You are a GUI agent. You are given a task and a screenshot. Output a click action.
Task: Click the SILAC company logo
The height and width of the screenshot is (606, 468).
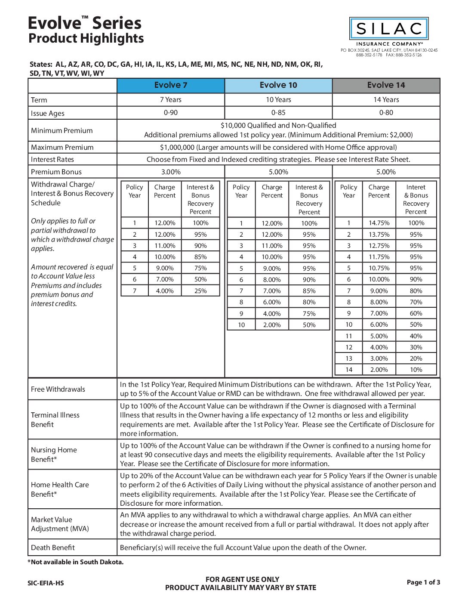point(389,29)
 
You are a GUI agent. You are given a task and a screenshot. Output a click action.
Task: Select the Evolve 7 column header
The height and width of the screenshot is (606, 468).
point(171,85)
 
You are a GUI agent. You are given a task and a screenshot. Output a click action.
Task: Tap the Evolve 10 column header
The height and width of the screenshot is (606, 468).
point(278,85)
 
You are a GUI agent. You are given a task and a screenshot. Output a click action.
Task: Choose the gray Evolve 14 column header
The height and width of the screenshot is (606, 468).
point(386,85)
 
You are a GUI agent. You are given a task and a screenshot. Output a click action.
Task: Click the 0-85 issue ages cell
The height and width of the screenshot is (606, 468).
point(278,113)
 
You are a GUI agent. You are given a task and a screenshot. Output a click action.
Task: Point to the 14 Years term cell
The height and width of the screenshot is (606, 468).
point(386,100)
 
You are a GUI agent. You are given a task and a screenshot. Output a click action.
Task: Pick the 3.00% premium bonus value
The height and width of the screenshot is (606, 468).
point(171,172)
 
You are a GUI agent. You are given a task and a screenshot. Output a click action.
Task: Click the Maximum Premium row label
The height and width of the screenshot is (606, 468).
point(62,147)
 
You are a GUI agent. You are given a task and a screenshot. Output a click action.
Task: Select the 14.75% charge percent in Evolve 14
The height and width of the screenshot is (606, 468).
point(379,223)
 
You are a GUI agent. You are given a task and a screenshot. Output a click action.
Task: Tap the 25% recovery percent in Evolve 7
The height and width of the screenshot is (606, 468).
point(200,291)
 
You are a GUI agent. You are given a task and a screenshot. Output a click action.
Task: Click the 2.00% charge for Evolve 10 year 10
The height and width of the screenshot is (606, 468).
point(272,325)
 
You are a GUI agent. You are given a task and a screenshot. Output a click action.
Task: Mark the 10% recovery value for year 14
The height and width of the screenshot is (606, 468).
point(416,370)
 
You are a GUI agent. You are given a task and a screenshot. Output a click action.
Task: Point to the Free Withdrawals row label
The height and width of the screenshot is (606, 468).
point(58,389)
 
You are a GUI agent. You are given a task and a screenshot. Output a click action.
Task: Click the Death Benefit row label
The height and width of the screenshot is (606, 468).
point(53,547)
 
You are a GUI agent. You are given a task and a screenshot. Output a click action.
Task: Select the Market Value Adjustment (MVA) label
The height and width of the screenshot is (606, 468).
point(60,524)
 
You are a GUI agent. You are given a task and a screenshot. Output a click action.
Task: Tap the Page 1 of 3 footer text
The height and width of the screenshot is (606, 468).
point(423,582)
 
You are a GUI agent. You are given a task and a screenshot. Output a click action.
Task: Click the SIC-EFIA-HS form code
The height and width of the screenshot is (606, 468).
point(46,583)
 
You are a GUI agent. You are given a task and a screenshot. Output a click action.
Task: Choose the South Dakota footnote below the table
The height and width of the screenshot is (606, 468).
point(76,562)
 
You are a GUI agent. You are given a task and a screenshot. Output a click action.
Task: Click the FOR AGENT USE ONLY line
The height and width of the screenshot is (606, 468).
point(242,579)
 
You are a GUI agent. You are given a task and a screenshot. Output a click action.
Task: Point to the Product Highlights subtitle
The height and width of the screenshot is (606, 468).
point(86,38)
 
